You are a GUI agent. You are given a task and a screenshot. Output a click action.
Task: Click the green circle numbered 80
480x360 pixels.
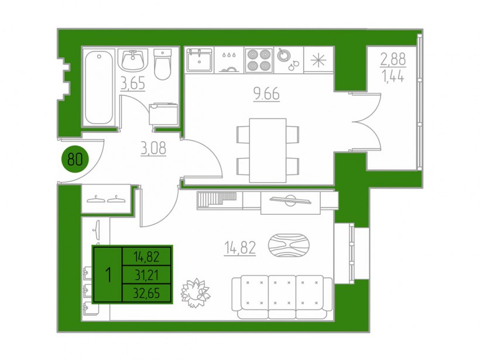click(75, 159)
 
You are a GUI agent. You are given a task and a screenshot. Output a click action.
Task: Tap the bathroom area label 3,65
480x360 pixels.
click(132, 84)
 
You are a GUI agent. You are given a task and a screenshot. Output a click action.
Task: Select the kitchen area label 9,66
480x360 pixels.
click(266, 94)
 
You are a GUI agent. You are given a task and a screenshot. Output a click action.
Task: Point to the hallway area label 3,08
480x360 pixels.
click(153, 148)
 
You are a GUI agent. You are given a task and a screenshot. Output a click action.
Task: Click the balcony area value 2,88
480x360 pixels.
click(393, 59)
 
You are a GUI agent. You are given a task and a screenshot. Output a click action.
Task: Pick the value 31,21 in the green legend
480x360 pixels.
click(147, 276)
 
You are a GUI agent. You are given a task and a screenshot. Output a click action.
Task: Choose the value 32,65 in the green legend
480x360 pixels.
click(146, 293)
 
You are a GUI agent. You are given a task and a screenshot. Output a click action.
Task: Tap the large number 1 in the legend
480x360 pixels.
click(108, 275)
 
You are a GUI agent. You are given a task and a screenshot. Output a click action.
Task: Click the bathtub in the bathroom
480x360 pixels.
click(98, 88)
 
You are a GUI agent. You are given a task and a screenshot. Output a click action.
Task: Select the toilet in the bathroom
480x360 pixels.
click(162, 64)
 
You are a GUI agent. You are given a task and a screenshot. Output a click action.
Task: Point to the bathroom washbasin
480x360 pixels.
click(133, 60)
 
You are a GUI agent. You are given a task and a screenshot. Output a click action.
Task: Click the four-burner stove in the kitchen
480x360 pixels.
click(259, 60)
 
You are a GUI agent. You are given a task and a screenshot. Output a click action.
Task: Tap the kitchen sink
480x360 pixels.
click(199, 60)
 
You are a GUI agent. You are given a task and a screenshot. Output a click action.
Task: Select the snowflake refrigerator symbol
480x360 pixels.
click(318, 60)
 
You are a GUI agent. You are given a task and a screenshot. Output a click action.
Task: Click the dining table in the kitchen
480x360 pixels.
click(268, 150)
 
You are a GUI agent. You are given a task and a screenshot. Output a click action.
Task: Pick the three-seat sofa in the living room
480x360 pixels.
click(282, 297)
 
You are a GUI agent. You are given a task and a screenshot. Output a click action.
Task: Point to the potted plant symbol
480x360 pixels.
click(195, 293)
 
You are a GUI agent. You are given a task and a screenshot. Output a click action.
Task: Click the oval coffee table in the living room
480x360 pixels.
click(289, 245)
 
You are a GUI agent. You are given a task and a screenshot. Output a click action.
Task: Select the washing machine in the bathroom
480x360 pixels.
click(163, 114)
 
